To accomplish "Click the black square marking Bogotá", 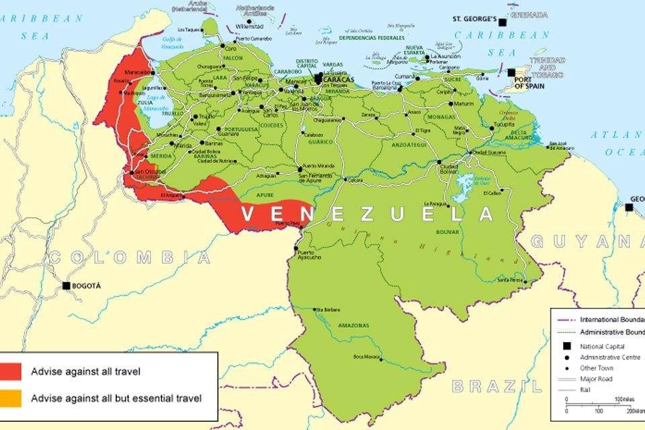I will click(67, 286).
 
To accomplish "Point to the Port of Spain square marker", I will click(511, 73).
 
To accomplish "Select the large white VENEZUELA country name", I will click(367, 214).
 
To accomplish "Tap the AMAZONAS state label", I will click(353, 325).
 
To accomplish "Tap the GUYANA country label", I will click(585, 241).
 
